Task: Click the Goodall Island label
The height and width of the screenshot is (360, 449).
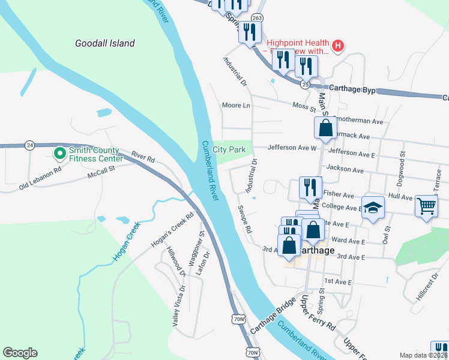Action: point(105,43)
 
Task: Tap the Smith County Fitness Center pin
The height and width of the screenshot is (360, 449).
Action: point(60,154)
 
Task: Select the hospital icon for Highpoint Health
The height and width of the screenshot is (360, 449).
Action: point(338,45)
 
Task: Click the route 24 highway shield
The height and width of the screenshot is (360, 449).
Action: point(29,145)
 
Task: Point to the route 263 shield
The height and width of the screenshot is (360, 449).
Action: point(257,18)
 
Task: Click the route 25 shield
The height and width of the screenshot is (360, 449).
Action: point(306,85)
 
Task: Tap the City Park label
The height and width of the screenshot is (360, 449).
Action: point(229,149)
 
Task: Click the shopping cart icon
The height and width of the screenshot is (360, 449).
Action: point(426,206)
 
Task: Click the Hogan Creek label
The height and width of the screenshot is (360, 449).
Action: point(126,241)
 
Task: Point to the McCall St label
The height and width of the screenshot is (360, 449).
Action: point(101,174)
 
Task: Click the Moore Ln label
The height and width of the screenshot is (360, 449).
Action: point(235,106)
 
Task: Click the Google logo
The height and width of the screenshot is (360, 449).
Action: point(20,353)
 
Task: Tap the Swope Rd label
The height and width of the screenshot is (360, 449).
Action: point(244,221)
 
